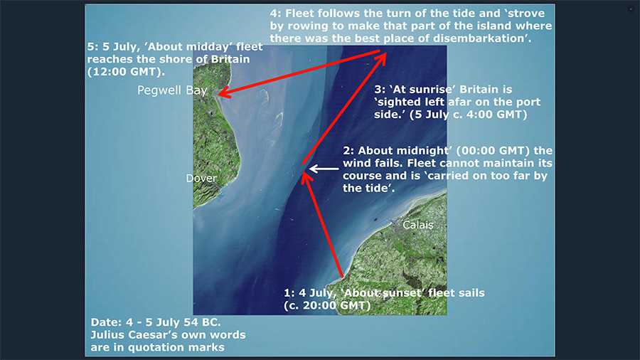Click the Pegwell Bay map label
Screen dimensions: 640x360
pos(172,90)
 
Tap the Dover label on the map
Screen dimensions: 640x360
pos(201,179)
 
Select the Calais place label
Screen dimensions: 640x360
pos(417,225)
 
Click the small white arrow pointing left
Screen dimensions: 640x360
pos(324,169)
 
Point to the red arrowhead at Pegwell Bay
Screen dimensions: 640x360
pos(225,92)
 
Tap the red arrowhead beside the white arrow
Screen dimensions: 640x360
pos(306,178)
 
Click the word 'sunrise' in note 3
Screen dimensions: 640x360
pos(429,90)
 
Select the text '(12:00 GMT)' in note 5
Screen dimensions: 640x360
pos(126,72)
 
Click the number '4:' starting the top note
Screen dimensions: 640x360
pos(275,14)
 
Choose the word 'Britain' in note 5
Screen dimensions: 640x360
pos(230,59)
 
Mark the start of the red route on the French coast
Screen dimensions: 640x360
pos(342,277)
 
